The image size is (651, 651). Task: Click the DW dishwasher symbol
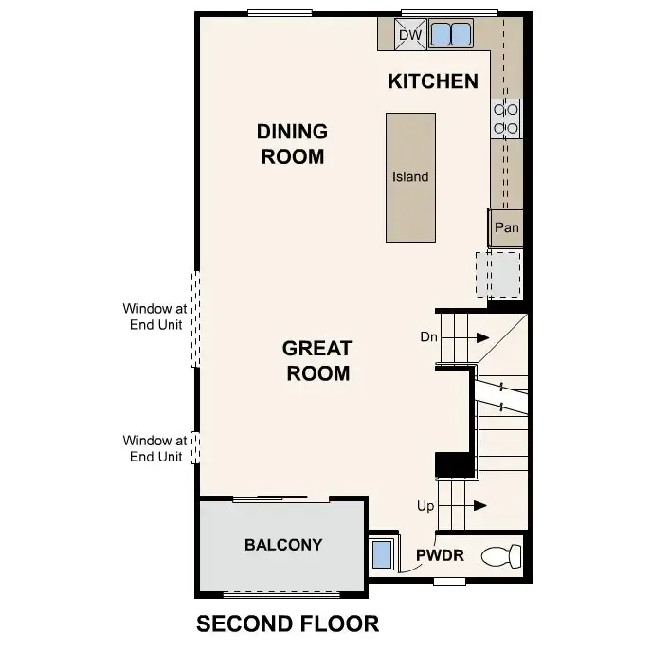tap(409, 35)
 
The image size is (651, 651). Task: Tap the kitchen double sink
tap(450, 35)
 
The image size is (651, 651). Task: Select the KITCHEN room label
tap(433, 81)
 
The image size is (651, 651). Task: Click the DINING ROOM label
tap(293, 144)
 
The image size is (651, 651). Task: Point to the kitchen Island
tap(410, 177)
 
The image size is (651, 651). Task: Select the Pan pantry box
tap(506, 228)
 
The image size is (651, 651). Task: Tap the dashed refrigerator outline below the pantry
tap(498, 275)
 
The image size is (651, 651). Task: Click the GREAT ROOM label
tap(317, 361)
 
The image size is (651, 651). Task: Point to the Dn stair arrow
tap(481, 337)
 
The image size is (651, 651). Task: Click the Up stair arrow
tap(481, 506)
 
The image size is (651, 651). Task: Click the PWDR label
tap(440, 555)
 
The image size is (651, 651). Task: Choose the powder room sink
tap(382, 553)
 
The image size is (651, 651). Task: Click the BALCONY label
tap(282, 545)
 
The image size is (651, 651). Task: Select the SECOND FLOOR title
tap(287, 624)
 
